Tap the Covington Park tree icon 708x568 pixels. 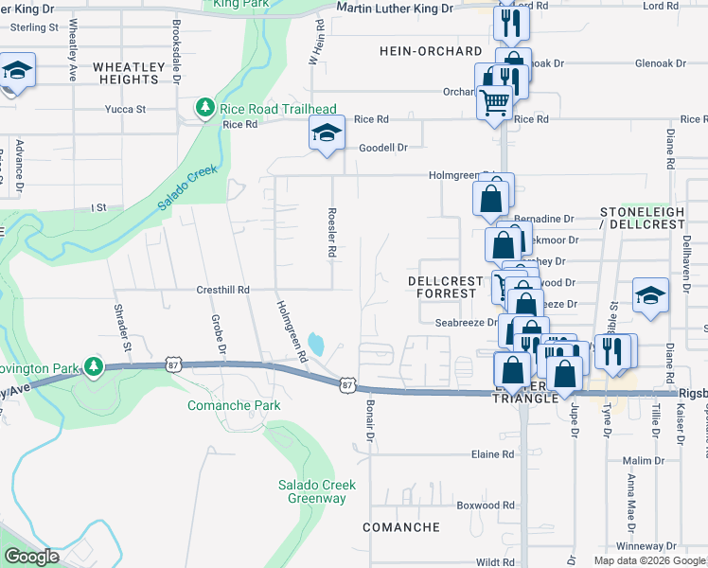(x=93, y=365)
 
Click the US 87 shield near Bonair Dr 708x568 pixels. (x=347, y=384)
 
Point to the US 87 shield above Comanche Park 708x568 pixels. (x=171, y=363)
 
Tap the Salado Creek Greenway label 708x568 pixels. (x=316, y=491)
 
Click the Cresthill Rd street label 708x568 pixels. (x=222, y=290)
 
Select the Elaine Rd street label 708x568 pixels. (x=492, y=454)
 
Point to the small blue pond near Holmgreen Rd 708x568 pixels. (x=316, y=345)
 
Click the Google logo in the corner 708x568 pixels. (x=31, y=558)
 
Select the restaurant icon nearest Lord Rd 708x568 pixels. (x=511, y=23)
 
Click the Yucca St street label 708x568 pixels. (x=128, y=110)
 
